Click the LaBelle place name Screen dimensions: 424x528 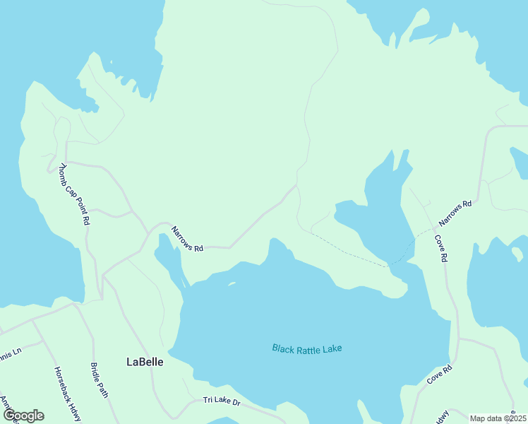[145, 362]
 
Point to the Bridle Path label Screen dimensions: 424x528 [99, 380]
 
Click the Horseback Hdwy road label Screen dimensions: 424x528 [67, 394]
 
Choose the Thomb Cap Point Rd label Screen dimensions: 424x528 [75, 194]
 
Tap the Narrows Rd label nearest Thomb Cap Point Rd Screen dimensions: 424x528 [187, 239]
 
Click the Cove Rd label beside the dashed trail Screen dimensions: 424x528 [440, 249]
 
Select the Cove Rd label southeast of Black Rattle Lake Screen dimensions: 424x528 [439, 375]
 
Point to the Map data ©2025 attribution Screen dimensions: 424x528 [498, 418]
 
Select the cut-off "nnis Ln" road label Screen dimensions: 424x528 [12, 350]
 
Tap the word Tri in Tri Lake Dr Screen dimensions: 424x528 [208, 400]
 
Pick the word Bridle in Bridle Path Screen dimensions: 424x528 [95, 372]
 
